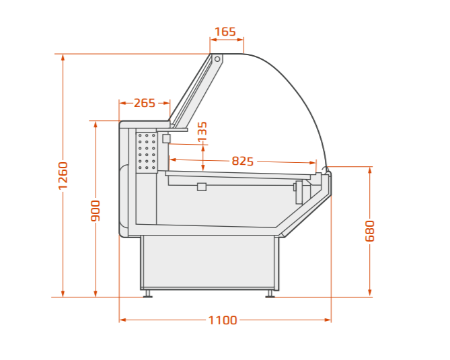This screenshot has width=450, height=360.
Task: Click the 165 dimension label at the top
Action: pyautogui.click(x=225, y=32)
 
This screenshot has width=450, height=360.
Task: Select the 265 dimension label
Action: pyautogui.click(x=145, y=103)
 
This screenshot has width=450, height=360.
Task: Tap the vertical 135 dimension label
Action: pyautogui.click(x=202, y=131)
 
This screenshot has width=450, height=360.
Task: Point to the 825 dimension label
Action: pyautogui.click(x=243, y=161)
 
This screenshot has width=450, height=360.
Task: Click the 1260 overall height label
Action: pyautogui.click(x=63, y=176)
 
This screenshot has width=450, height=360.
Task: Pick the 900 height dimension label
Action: pyautogui.click(x=96, y=211)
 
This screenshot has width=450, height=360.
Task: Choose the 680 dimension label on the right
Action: pyautogui.click(x=370, y=231)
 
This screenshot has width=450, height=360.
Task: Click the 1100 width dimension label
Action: pyautogui.click(x=223, y=320)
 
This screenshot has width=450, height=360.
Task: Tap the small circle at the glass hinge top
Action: pyautogui.click(x=217, y=59)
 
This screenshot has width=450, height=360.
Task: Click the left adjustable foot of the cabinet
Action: pyautogui.click(x=148, y=294)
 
